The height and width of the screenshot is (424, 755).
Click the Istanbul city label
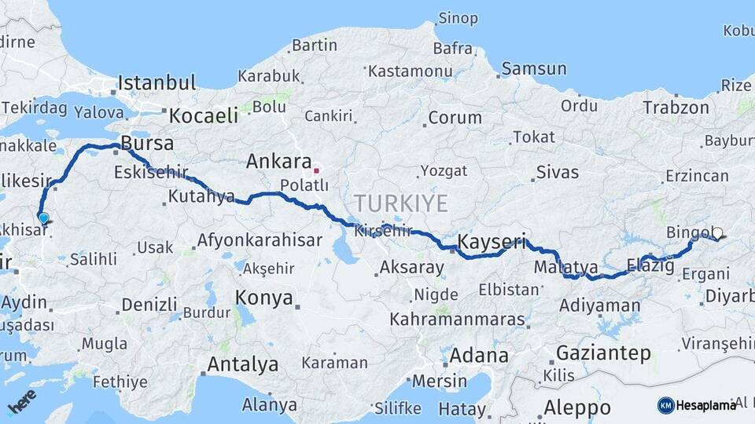pos(157,82)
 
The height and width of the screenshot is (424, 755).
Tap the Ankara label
pos(278,162)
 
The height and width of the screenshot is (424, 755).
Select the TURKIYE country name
pos(400,203)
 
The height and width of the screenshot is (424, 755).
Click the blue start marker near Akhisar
pos(43,218)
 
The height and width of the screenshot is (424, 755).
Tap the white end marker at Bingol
pos(716,233)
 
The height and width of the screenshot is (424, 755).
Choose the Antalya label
pos(242,364)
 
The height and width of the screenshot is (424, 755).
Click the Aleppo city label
pos(576,408)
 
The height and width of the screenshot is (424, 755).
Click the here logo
pos(21,401)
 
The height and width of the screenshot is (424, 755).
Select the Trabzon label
pos(676,108)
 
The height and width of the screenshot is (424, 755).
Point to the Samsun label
pos(533,68)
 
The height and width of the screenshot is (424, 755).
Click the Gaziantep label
pos(603,353)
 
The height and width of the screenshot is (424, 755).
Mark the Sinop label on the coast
pos(458,17)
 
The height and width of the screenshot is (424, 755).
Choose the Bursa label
pos(147,144)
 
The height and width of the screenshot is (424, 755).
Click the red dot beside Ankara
pos(316,170)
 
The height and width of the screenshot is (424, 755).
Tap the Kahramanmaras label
pos(457,320)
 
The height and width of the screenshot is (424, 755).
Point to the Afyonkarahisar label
pos(260,240)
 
